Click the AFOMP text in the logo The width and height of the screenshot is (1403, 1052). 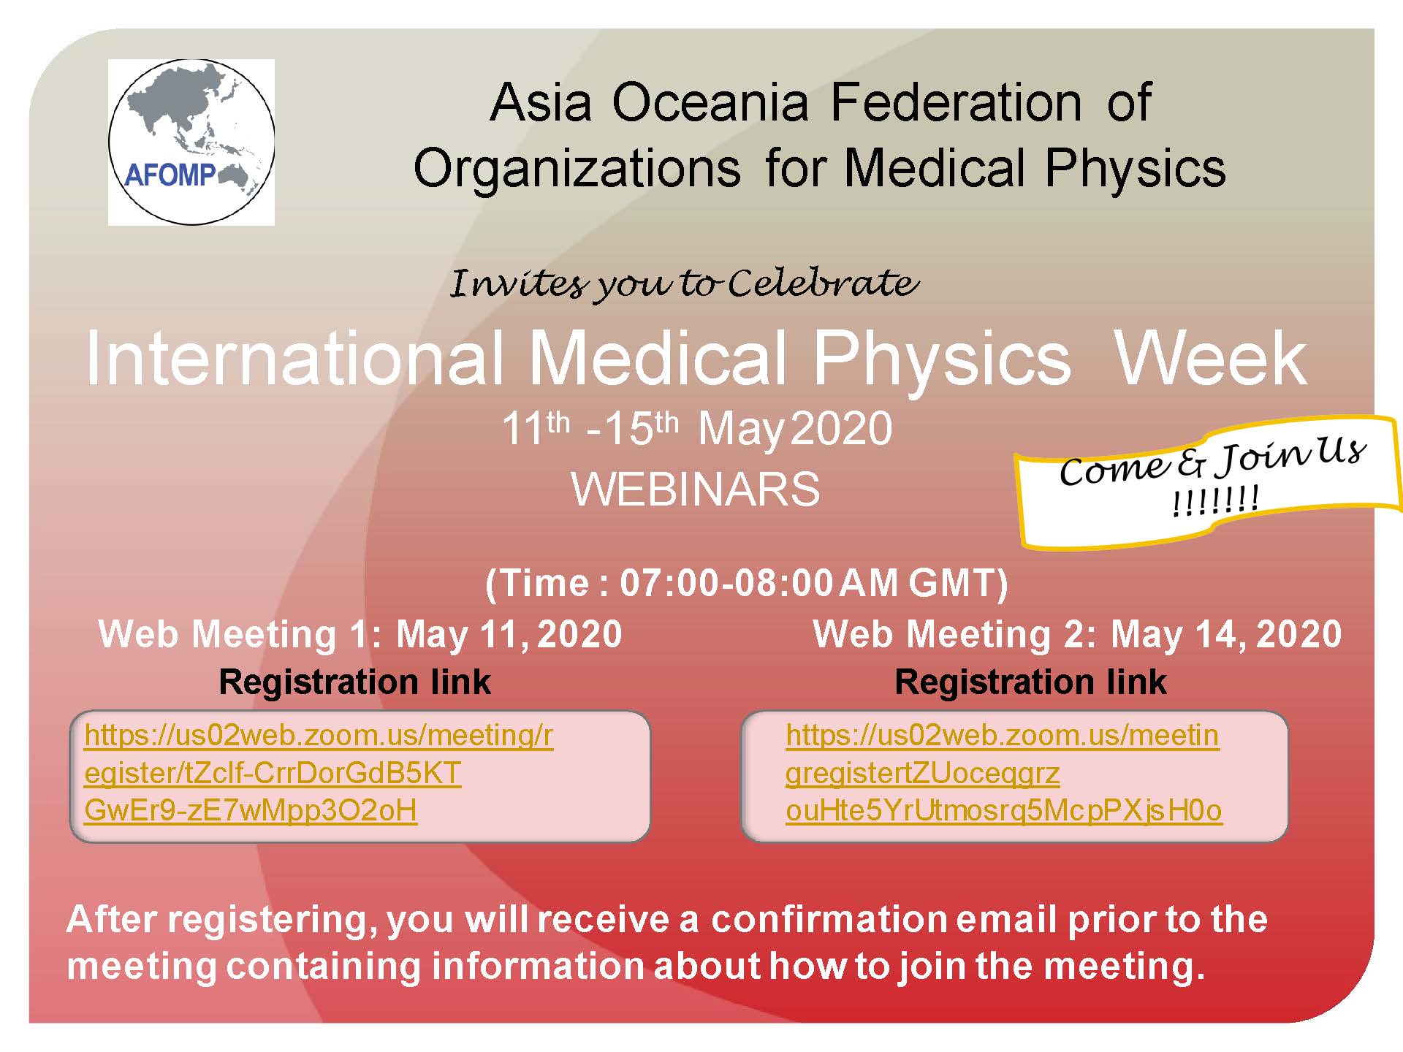pyautogui.click(x=170, y=175)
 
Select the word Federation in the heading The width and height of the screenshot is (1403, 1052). pyautogui.click(x=957, y=102)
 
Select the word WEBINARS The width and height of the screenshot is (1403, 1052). pyautogui.click(x=696, y=489)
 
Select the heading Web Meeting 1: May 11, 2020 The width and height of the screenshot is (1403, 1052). pyautogui.click(x=360, y=634)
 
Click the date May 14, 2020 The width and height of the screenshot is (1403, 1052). pyautogui.click(x=1226, y=634)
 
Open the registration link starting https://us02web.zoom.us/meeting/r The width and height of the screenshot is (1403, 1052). pyautogui.click(x=319, y=735)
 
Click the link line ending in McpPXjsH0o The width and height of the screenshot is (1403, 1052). pyautogui.click(x=1004, y=811)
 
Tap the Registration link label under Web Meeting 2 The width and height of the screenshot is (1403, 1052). pyautogui.click(x=1030, y=682)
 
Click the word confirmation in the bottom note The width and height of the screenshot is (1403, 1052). pyautogui.click(x=829, y=920)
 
